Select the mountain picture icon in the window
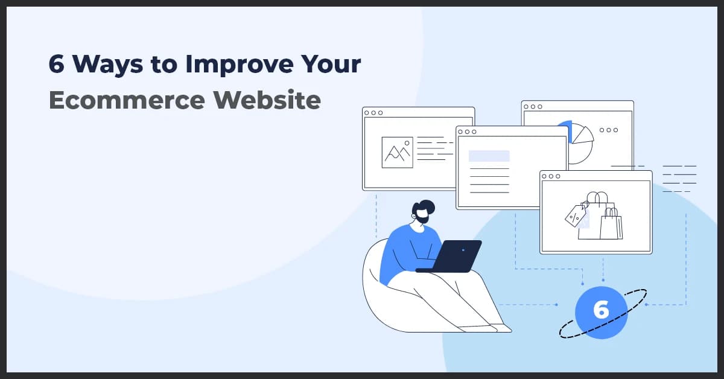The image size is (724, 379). pyautogui.click(x=397, y=152)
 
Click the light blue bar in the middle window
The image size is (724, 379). pyautogui.click(x=489, y=156)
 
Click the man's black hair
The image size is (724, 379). pyautogui.click(x=425, y=205)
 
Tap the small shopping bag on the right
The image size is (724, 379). pyautogui.click(x=611, y=225)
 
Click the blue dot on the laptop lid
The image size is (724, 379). pyautogui.click(x=463, y=249)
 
